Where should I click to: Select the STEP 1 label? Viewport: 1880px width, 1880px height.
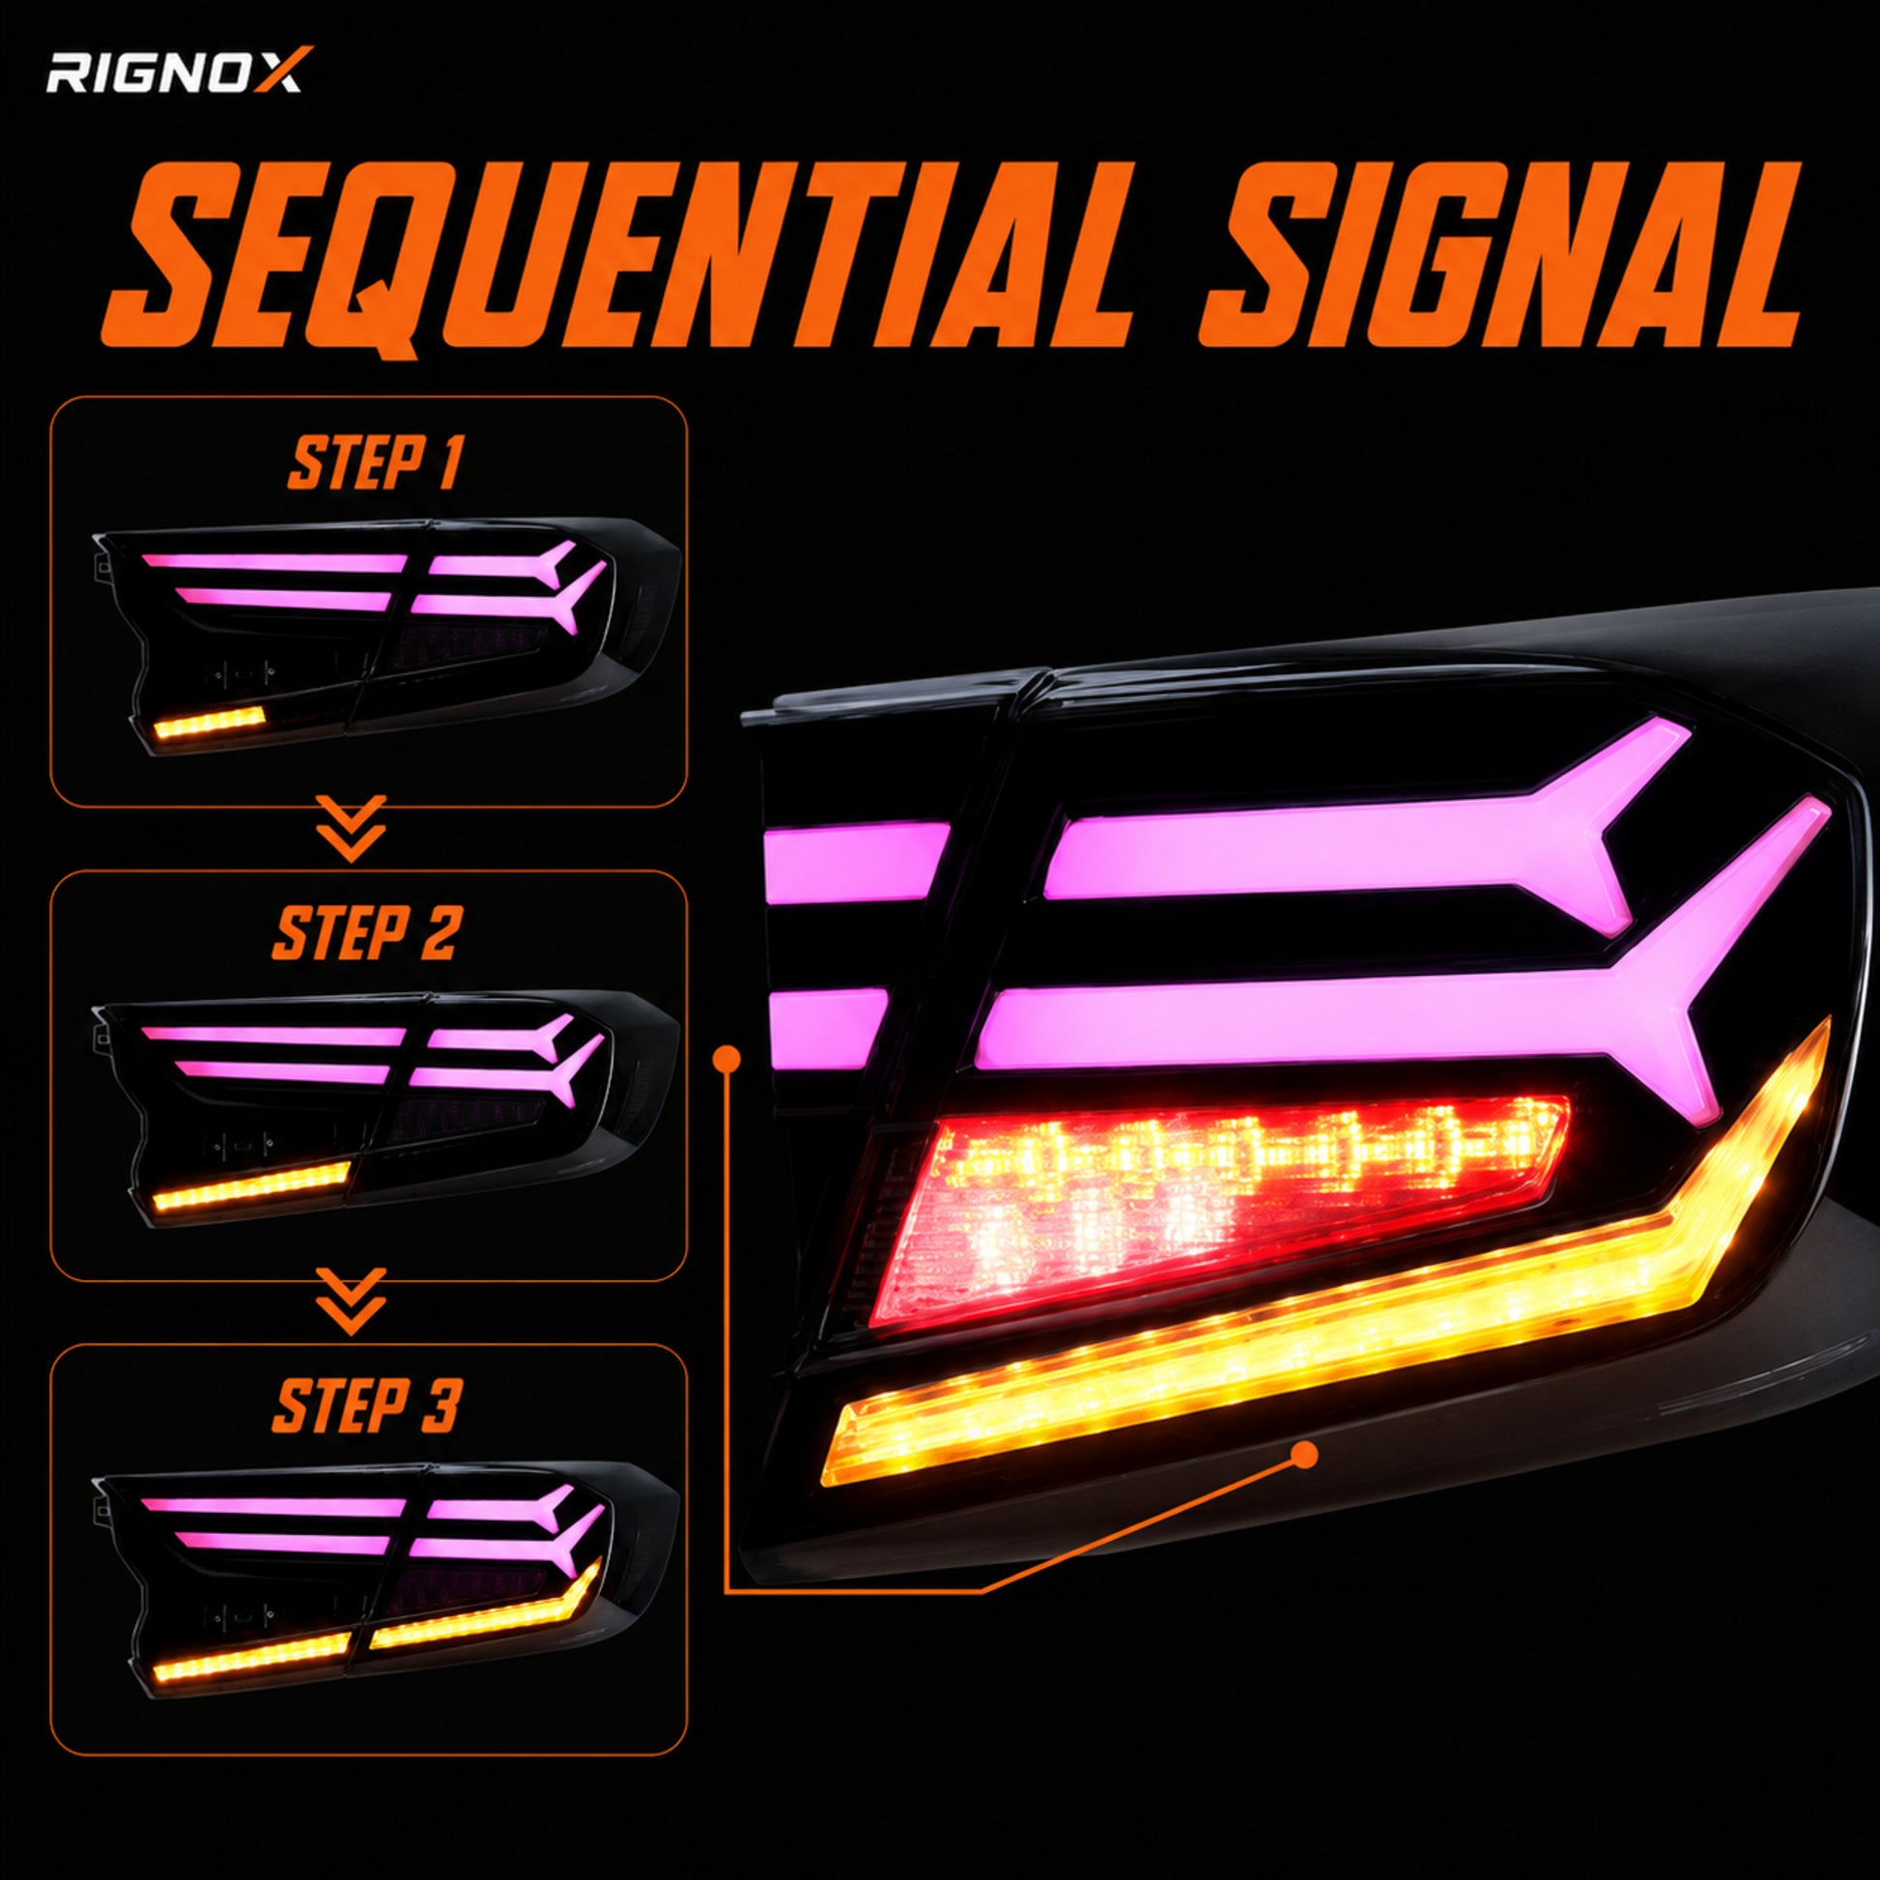pyautogui.click(x=375, y=464)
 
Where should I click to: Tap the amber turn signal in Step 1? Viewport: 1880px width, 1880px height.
pyautogui.click(x=210, y=722)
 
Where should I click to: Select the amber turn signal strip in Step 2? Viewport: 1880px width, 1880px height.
pyautogui.click(x=250, y=1186)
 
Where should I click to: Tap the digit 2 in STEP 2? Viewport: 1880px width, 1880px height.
pyautogui.click(x=438, y=933)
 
